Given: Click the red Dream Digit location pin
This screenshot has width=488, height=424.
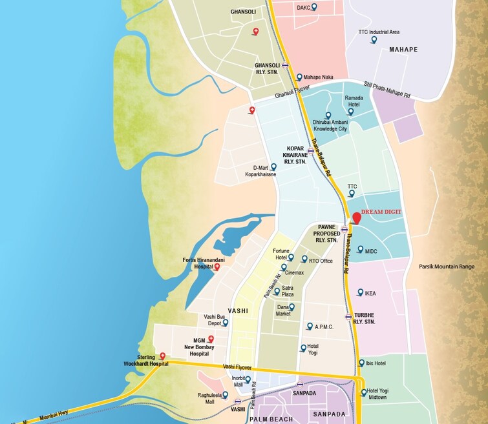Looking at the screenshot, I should click(x=356, y=218).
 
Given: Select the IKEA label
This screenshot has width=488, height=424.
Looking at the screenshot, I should click(x=370, y=293).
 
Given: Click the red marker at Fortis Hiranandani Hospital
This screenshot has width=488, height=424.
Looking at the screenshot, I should click(x=217, y=267).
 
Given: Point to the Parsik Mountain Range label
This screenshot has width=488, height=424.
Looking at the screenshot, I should click(x=446, y=267).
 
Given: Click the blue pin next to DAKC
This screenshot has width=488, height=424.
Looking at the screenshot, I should click(x=314, y=7).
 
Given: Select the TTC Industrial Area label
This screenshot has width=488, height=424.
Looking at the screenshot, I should click(x=379, y=32).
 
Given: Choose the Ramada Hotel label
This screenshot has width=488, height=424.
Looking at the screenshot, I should click(x=354, y=101).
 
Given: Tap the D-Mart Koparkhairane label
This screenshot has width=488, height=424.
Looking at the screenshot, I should click(x=260, y=171).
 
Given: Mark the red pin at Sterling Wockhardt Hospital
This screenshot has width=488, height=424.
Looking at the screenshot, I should click(x=162, y=356).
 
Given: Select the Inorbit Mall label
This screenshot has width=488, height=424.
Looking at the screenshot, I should click(x=239, y=381).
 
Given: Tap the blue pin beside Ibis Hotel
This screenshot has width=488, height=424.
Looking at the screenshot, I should click(x=361, y=363).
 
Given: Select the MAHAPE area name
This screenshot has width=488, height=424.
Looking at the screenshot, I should click(x=403, y=49).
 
